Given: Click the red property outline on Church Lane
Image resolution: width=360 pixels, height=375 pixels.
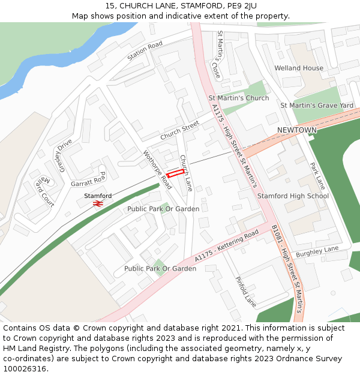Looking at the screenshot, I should (174, 173).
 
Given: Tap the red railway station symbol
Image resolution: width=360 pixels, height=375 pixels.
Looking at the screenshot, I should (98, 204).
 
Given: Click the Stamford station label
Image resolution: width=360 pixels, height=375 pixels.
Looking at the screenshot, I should (98, 196).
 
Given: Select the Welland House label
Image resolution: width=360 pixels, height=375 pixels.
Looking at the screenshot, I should (299, 68).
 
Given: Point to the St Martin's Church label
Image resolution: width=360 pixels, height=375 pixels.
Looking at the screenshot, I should (239, 98).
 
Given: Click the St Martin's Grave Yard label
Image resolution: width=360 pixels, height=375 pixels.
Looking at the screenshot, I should (317, 106).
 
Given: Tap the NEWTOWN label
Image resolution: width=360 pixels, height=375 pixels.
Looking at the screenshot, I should (296, 130).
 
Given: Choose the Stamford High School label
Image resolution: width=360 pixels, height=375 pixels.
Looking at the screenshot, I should (293, 196).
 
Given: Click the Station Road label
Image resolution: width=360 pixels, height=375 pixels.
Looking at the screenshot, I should (145, 52).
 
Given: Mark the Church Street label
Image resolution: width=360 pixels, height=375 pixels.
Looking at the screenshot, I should (179, 131).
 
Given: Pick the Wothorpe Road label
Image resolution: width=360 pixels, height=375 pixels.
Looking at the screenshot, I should (158, 170).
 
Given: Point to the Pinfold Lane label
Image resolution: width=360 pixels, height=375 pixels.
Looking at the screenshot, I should (246, 292).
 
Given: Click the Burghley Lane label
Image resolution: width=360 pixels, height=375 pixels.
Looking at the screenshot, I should (317, 251).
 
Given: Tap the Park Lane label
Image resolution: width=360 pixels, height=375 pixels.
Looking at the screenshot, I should (317, 175).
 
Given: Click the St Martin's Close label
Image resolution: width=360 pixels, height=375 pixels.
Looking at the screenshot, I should (218, 55).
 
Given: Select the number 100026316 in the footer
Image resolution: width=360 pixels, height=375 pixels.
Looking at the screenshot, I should (25, 368).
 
